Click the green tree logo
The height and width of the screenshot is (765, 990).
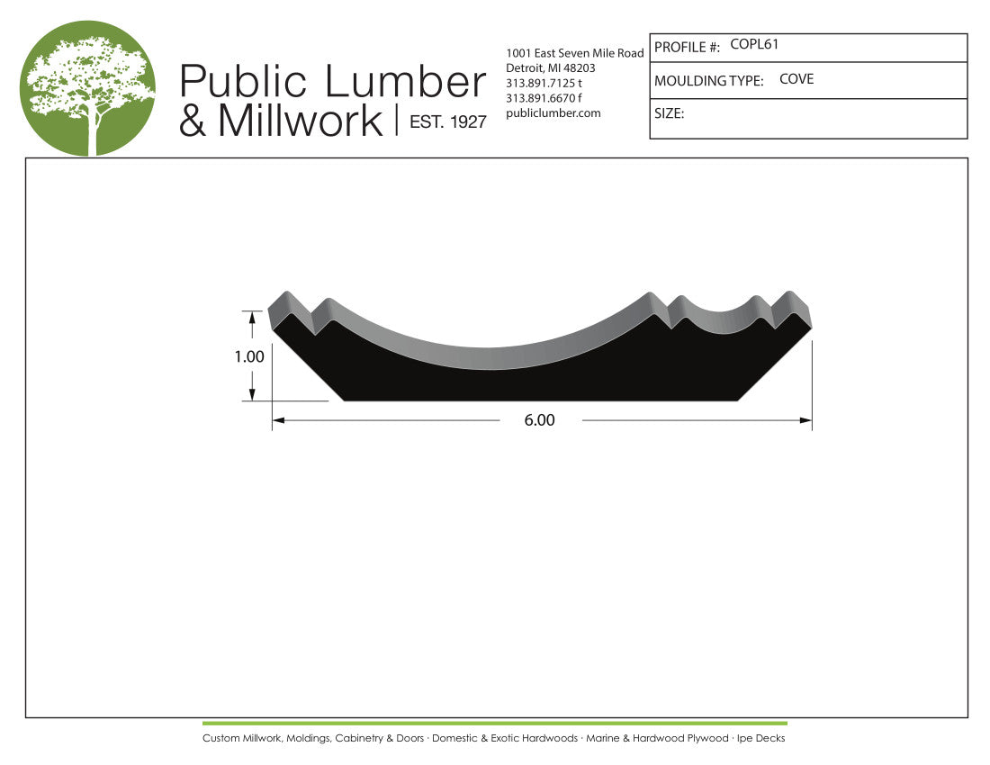[88, 88]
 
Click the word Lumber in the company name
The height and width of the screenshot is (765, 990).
[405, 81]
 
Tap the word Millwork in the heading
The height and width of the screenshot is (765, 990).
[301, 120]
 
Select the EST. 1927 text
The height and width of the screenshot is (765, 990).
[447, 121]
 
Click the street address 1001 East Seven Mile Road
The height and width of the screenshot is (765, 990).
[574, 53]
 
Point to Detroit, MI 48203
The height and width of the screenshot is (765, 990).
[551, 68]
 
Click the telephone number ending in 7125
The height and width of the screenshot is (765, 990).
[544, 84]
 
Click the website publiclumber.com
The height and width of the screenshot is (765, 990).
[553, 113]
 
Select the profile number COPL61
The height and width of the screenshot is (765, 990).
[754, 44]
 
